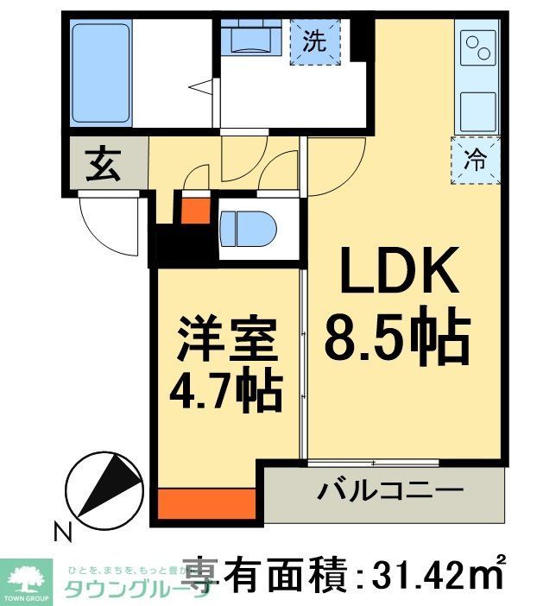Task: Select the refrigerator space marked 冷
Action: click(477, 159)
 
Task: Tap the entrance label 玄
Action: click(103, 164)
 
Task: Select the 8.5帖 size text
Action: click(397, 338)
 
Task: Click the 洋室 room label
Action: click(229, 342)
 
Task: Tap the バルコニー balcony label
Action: click(390, 494)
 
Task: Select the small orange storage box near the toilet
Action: click(195, 210)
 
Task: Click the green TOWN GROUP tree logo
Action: click(31, 578)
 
